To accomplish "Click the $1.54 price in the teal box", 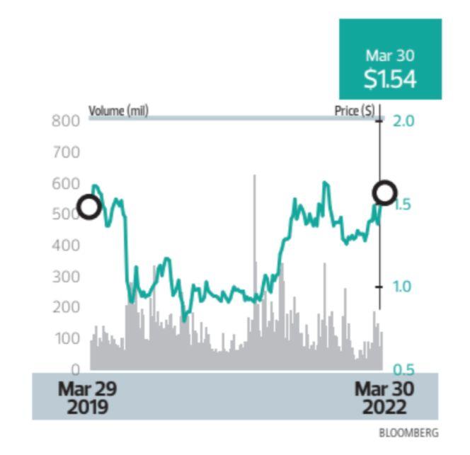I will click(390, 79).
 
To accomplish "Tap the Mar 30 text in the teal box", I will click(390, 55).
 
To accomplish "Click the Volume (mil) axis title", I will click(118, 111).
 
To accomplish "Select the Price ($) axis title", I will click(355, 111).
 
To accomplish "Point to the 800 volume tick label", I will click(66, 120).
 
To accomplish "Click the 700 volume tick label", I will click(66, 151).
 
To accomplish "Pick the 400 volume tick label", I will click(66, 246).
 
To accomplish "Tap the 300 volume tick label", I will click(66, 277).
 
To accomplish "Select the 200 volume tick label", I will click(66, 307).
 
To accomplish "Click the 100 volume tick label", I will click(66, 338).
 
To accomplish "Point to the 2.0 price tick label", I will click(403, 120).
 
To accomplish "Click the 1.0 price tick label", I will click(403, 287).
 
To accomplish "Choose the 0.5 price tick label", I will click(403, 369).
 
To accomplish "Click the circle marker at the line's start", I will click(89, 207).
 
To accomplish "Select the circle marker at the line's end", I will click(385, 192).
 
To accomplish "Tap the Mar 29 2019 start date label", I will click(88, 398).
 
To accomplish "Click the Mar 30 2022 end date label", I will click(384, 398).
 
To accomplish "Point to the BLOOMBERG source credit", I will click(408, 432).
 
